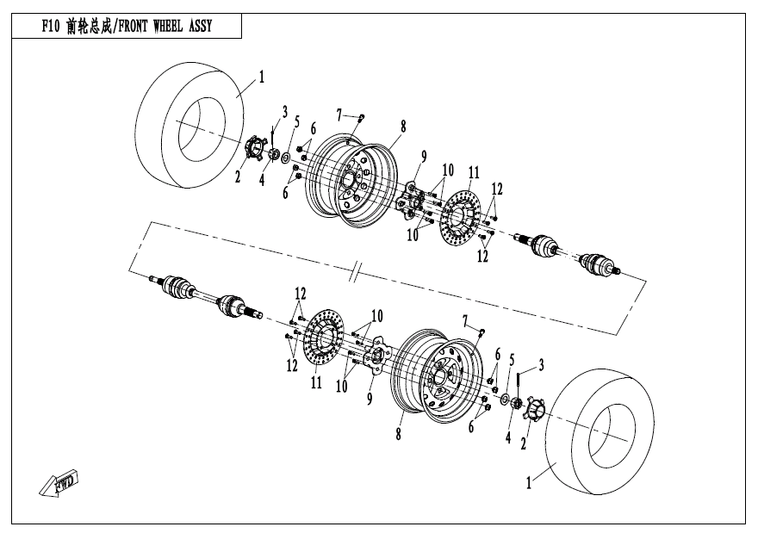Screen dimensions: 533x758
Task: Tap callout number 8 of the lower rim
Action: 398,435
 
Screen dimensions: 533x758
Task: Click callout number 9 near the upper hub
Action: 424,157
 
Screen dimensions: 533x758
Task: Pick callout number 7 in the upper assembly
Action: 340,113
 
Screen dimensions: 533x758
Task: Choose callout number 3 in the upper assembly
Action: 284,111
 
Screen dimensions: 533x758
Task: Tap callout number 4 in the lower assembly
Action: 508,437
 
